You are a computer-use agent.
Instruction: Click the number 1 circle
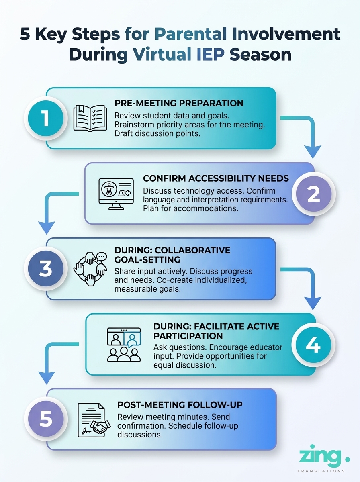pyautogui.click(x=45, y=118)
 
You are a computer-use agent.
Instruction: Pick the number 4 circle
pyautogui.click(x=314, y=344)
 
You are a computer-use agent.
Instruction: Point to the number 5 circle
pyautogui.click(x=45, y=419)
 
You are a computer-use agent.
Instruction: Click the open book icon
pyautogui.click(x=90, y=118)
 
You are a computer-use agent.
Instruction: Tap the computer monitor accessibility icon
pyautogui.click(x=116, y=194)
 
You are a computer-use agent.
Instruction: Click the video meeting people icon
pyautogui.click(x=123, y=344)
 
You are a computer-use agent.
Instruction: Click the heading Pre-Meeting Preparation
pyautogui.click(x=179, y=103)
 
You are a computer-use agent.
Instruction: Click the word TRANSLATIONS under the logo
pyautogui.click(x=321, y=471)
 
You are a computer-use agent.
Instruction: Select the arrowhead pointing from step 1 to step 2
pyautogui.click(x=313, y=152)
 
